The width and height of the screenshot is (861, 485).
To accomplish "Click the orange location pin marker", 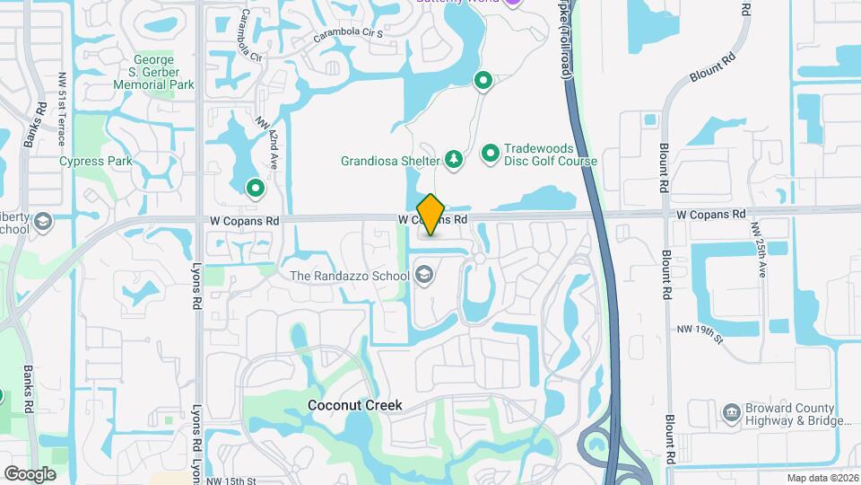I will pos(431,215).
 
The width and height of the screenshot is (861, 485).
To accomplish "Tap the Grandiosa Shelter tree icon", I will pos(454,160).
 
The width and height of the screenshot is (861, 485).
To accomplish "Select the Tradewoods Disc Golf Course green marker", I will pos(491,154).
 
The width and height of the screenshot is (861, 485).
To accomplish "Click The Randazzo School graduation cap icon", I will pos(423,274).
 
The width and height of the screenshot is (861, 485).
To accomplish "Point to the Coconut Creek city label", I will pos(355,405).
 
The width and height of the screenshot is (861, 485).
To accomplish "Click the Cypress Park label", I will pos(96,162).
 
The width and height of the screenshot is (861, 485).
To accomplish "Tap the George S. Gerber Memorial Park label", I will pos(153,72).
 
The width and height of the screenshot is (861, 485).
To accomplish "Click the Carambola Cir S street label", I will pos(348,36).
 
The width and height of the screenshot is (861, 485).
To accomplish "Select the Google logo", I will pos(30,473).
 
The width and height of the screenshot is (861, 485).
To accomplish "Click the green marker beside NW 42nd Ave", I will pos(255,189).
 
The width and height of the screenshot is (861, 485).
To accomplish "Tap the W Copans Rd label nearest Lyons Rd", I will pos(246,219).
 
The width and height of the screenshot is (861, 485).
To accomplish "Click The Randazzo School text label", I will pos(350,275).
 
